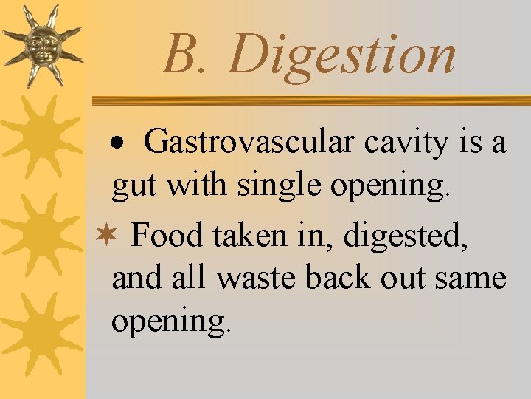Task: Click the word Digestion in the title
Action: (x=342, y=56)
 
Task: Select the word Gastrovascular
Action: (x=249, y=143)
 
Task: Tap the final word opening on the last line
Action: (x=170, y=322)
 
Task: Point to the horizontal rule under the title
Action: (x=310, y=100)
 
